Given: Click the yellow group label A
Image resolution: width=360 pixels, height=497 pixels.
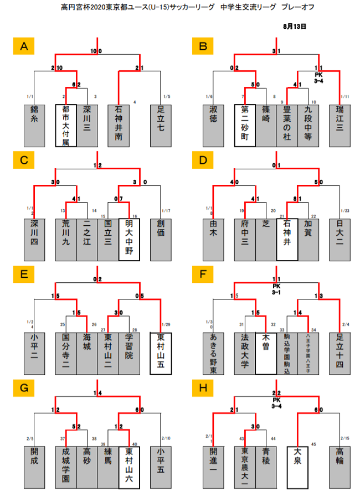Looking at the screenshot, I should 24,46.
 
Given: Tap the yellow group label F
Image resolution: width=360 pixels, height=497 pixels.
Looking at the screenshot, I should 203,275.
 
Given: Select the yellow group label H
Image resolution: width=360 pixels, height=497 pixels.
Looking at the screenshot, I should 203,390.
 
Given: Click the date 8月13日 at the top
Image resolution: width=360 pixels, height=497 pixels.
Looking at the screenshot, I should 294,26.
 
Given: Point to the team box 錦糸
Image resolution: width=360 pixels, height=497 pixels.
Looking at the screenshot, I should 34,125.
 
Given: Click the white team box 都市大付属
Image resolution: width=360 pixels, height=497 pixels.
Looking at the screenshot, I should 66,125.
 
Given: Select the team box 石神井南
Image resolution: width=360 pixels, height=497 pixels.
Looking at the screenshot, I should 119,125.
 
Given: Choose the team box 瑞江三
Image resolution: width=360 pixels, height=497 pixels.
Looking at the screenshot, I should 340,125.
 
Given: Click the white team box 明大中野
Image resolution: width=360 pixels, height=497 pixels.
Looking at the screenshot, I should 129,240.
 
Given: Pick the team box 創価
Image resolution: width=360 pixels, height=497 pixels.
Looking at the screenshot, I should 161,240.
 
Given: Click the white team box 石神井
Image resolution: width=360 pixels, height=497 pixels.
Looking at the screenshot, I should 287,240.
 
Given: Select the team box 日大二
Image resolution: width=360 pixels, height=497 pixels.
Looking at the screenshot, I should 340,240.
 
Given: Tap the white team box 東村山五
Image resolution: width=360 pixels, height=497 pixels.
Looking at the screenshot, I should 161,354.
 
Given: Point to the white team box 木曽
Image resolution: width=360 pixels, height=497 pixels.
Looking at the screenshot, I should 266,354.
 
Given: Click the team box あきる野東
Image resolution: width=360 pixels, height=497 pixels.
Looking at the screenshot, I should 213,354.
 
